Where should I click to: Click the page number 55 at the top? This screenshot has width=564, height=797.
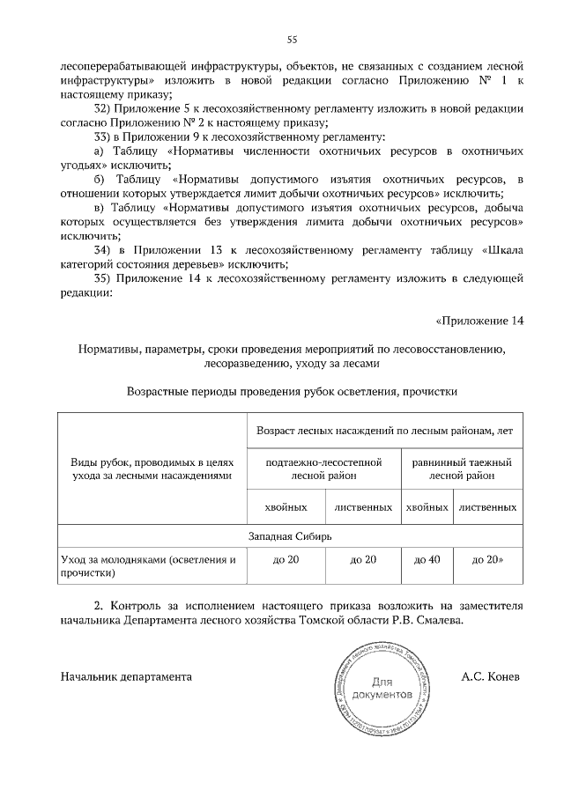tap(292, 38)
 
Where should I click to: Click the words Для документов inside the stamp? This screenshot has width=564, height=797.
tap(381, 688)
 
